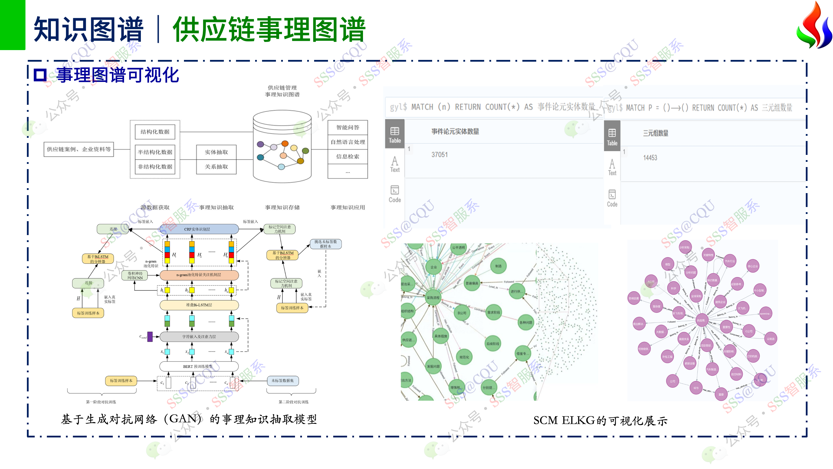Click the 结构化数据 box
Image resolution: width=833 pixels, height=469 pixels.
coord(155,132)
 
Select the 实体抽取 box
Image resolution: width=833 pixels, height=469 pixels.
coord(216,152)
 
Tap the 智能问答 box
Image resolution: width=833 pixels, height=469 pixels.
coord(348,127)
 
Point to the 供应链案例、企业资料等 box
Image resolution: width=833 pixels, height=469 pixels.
coord(79,149)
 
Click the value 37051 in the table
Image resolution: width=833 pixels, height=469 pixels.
coord(439,155)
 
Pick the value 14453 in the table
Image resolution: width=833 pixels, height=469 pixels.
coord(650,158)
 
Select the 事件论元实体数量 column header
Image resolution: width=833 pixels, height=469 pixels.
coord(455,132)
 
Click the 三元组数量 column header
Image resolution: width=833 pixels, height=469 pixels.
coord(655,133)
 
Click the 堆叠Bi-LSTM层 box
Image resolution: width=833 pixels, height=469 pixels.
coord(199,305)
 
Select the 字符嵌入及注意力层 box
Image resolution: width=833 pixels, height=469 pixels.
coord(199,337)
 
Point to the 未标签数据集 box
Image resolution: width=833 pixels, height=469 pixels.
coord(283,381)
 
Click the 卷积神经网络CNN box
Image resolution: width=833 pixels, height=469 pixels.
coord(135,275)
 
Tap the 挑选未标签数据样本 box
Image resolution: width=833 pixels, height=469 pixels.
coord(326,244)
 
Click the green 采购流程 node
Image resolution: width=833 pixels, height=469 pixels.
coord(433,297)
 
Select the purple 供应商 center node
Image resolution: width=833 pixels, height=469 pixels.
coord(701,320)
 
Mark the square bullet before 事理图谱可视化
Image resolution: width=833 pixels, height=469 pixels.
coord(40,75)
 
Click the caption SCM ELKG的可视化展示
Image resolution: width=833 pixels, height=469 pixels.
coord(600,420)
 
